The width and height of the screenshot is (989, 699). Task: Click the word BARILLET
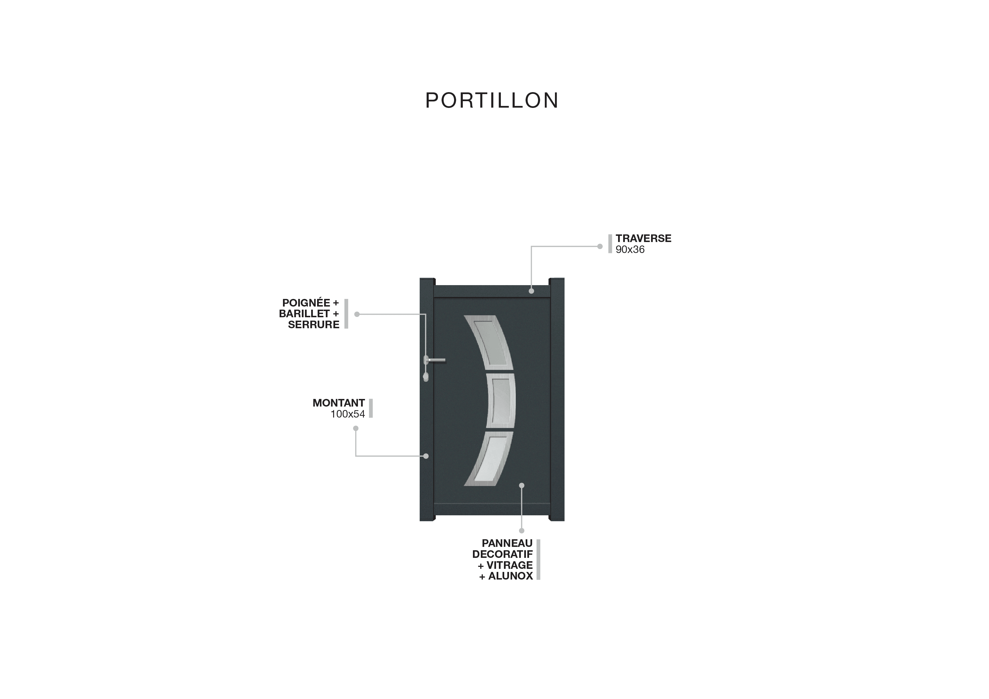[304, 314]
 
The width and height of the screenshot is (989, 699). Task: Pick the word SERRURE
[314, 325]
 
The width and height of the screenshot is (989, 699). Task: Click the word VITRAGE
[510, 565]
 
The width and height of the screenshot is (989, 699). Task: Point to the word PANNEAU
[507, 543]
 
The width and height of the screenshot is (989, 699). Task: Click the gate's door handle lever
[436, 360]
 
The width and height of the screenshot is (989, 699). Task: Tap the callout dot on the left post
[426, 456]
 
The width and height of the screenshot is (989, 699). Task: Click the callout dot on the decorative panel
[522, 485]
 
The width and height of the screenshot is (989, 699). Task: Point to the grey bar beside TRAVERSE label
[610, 244]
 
